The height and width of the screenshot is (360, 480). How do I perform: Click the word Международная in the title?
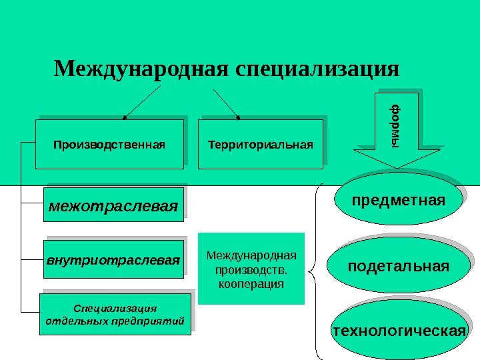pos(141,68)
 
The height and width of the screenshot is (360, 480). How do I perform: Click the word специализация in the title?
pos(317,68)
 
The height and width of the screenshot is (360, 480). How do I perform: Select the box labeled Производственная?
pos(109,143)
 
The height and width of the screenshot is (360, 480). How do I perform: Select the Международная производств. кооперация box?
pos(251,268)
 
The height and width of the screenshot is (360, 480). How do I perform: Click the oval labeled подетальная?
pos(398,267)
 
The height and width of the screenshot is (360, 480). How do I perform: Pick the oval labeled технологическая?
pos(398,331)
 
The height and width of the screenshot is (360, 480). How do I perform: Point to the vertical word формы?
pos(397,124)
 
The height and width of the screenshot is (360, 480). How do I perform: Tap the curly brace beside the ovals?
pos(315,270)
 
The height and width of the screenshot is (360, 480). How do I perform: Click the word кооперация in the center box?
pos(251,285)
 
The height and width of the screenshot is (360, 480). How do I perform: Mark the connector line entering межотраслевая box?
pos(31,203)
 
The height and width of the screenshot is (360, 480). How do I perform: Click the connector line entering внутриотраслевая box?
pos(31,257)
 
